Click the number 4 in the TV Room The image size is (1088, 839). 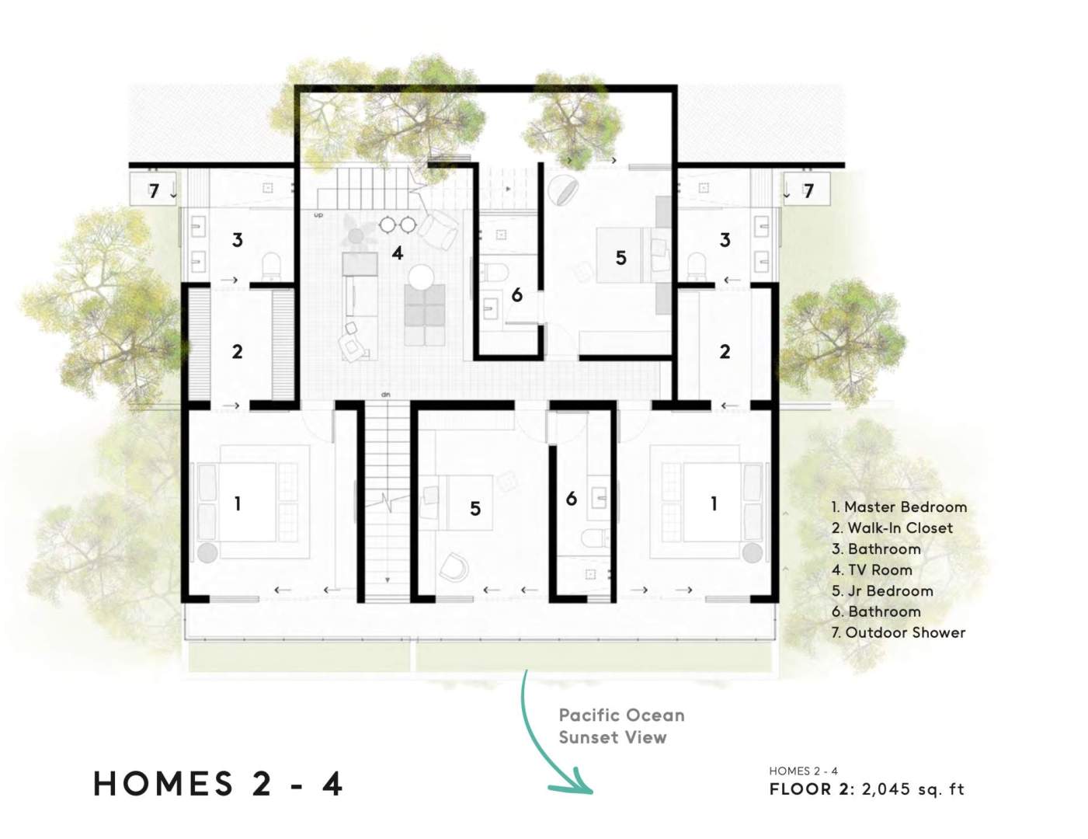click(x=397, y=253)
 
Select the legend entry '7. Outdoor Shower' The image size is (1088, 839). click(x=899, y=632)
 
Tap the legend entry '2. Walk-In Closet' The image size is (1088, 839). click(x=892, y=528)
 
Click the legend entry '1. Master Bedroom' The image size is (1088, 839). click(x=899, y=507)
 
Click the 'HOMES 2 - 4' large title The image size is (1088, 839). click(x=218, y=784)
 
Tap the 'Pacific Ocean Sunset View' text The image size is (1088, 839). click(x=621, y=726)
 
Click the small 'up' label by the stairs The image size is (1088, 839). click(x=318, y=215)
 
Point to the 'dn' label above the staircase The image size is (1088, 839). click(x=385, y=395)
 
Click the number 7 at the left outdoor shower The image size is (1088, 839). click(x=154, y=191)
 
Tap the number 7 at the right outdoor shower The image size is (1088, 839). click(x=808, y=191)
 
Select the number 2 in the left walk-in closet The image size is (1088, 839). click(x=238, y=352)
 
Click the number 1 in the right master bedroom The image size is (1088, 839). click(x=714, y=503)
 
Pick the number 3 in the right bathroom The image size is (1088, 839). click(x=725, y=240)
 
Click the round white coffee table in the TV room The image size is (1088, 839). click(x=421, y=277)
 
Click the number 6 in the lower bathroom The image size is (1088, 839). click(x=572, y=499)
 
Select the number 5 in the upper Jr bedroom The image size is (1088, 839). click(x=620, y=258)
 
